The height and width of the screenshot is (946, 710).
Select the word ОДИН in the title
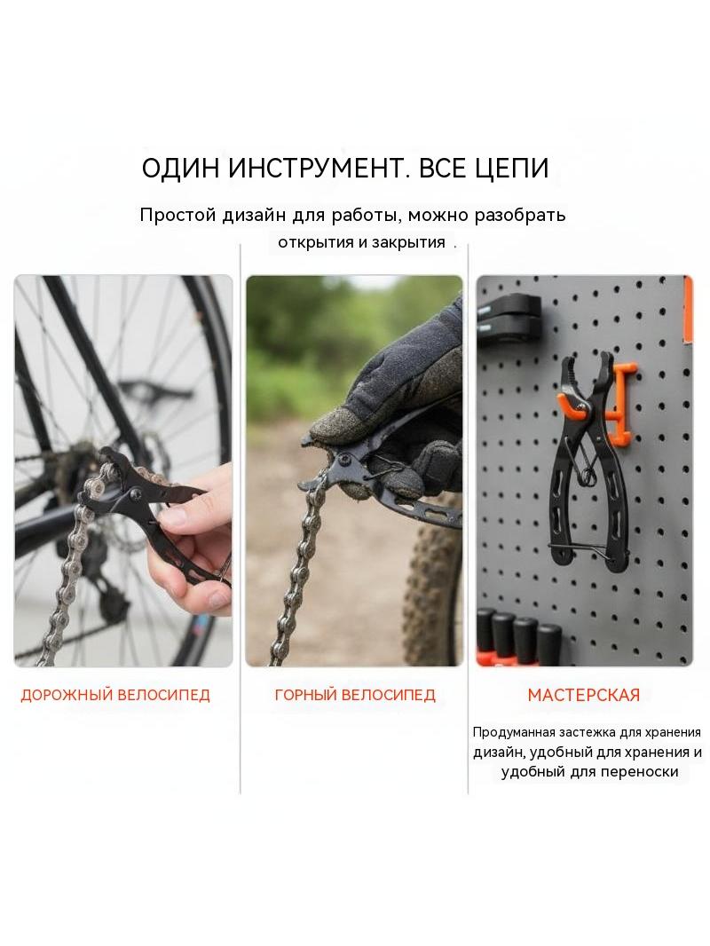tap(180, 169)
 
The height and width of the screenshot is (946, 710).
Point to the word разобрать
tap(520, 215)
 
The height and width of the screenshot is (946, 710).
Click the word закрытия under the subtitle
tap(407, 242)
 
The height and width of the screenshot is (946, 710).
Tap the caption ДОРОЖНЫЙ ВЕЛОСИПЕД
tap(115, 695)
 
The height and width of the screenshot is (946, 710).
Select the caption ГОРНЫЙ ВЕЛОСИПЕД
tap(355, 695)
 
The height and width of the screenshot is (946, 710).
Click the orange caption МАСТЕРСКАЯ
tap(583, 695)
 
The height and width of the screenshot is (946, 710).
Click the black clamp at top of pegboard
tap(509, 317)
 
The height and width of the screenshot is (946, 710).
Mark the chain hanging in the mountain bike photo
tap(296, 573)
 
